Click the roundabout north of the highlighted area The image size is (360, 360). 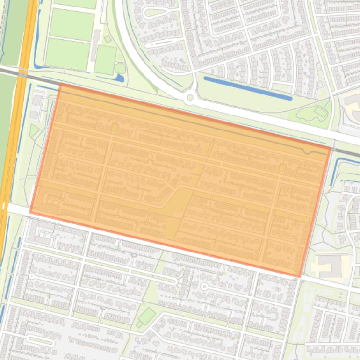click(189, 98)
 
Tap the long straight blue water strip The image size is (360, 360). click(247, 88)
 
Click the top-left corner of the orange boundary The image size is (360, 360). click(60, 84)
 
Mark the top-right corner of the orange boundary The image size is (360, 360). click(330, 148)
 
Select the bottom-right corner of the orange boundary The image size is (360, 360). click(300, 276)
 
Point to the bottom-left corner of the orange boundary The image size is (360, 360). click(31, 212)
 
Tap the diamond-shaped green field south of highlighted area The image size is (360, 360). click(147, 316)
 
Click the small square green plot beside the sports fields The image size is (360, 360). click(108, 39)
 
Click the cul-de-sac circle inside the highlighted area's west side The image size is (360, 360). click(61, 155)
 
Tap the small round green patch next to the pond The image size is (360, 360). click(120, 68)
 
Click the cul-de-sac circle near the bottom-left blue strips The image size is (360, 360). click(32, 276)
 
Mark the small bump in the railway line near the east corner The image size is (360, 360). click(307, 151)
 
